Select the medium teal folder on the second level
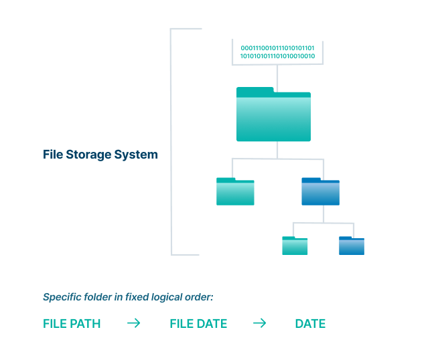(x=235, y=192)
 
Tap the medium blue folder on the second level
(x=320, y=192)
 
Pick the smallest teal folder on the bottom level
(x=295, y=246)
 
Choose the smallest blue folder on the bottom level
(x=352, y=246)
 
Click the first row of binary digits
(x=277, y=48)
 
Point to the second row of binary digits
(x=277, y=56)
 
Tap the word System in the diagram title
(x=139, y=155)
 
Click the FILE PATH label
(x=72, y=324)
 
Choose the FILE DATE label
(x=198, y=324)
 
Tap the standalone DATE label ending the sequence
(x=310, y=324)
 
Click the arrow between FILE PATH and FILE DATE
(x=134, y=324)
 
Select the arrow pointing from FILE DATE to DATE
(x=259, y=324)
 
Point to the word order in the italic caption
(x=199, y=297)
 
